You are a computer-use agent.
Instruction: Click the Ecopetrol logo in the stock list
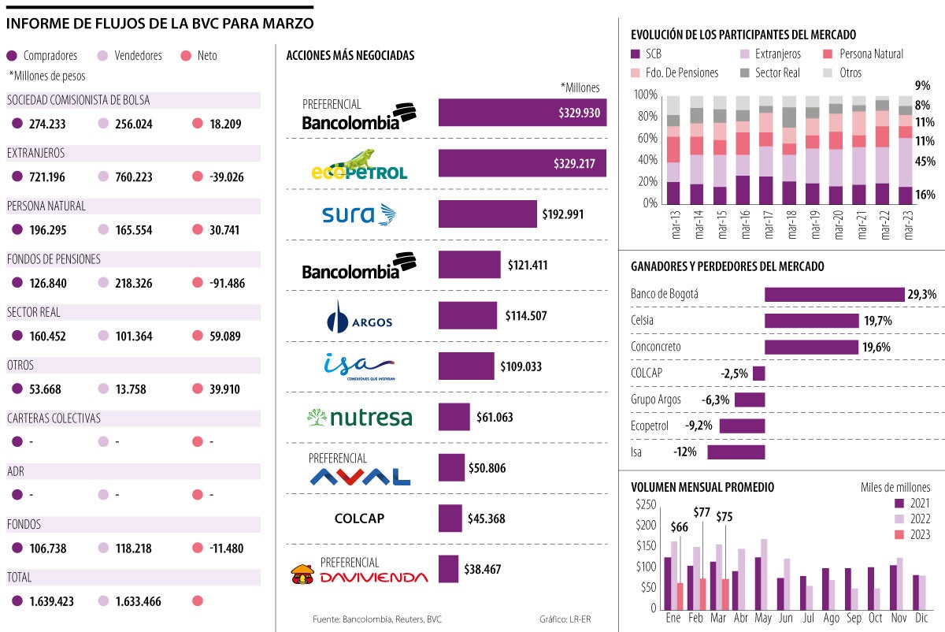[x=358, y=165]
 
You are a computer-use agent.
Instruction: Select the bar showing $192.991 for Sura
[x=487, y=214]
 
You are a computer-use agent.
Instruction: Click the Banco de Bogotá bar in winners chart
[x=834, y=294]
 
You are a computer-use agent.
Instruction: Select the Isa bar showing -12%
[x=736, y=452]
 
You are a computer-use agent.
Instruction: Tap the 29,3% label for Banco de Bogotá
[x=921, y=294]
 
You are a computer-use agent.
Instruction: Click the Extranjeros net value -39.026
[x=222, y=177]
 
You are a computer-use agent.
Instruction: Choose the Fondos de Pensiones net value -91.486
[x=222, y=284]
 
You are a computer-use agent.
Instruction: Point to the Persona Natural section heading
[x=46, y=206]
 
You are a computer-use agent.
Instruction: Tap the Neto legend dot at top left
[x=187, y=56]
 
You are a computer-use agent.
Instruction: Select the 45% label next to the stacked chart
[x=925, y=162]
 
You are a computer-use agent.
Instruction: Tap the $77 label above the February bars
[x=702, y=511]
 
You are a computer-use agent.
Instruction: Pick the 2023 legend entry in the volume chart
[x=912, y=534]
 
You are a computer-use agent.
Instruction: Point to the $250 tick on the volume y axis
[x=645, y=504]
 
